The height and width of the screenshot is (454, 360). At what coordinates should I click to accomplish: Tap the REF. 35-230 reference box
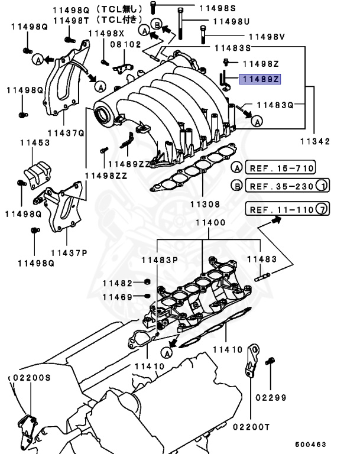(281, 186)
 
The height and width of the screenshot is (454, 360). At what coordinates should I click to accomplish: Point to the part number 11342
(314, 142)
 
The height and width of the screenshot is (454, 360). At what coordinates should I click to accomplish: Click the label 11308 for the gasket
(205, 205)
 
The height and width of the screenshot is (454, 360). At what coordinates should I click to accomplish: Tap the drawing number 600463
(311, 444)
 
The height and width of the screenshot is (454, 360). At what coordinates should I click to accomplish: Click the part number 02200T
(251, 427)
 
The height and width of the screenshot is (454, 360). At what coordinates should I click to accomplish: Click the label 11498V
(266, 37)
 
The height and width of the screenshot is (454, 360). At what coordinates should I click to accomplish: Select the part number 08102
(125, 44)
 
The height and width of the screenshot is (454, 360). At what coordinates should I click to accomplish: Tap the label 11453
(35, 142)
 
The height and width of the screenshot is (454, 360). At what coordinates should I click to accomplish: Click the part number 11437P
(68, 252)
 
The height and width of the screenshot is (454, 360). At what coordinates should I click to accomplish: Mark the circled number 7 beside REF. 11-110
(322, 209)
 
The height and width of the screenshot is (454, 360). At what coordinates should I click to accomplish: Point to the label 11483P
(160, 260)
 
